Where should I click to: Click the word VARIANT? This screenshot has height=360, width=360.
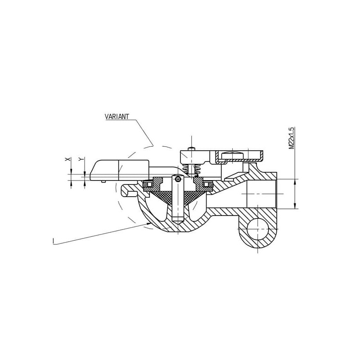[117, 117]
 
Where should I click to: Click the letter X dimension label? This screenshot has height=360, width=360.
[67, 159]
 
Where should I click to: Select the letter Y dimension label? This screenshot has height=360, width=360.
[81, 159]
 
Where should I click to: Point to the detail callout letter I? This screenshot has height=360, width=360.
[53, 241]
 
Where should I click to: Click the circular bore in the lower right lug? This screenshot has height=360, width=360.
[257, 229]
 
